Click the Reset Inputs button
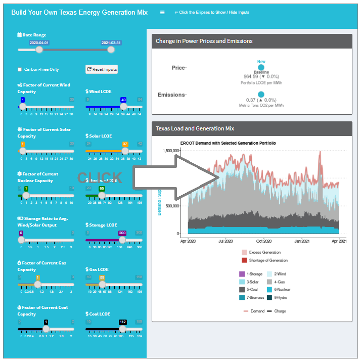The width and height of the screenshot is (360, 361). pyautogui.click(x=102, y=69)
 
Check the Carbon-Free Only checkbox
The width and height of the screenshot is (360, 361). pyautogui.click(x=20, y=69)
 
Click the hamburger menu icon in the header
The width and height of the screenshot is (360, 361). pyautogui.click(x=162, y=12)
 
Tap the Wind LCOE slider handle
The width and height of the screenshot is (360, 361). pyautogui.click(x=123, y=107)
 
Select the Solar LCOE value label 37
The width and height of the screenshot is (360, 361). pyautogui.click(x=125, y=144)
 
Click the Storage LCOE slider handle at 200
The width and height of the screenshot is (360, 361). pyautogui.click(x=122, y=240)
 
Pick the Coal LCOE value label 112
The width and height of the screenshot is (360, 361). pyautogui.click(x=122, y=322)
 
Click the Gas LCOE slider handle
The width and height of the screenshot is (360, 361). pyautogui.click(x=102, y=284)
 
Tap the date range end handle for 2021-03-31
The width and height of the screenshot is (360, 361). pyautogui.click(x=111, y=50)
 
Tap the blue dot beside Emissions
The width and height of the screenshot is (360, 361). pyautogui.click(x=261, y=95)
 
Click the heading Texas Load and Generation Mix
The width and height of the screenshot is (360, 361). pyautogui.click(x=195, y=128)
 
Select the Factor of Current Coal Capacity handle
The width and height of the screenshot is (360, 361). pyautogui.click(x=46, y=329)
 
